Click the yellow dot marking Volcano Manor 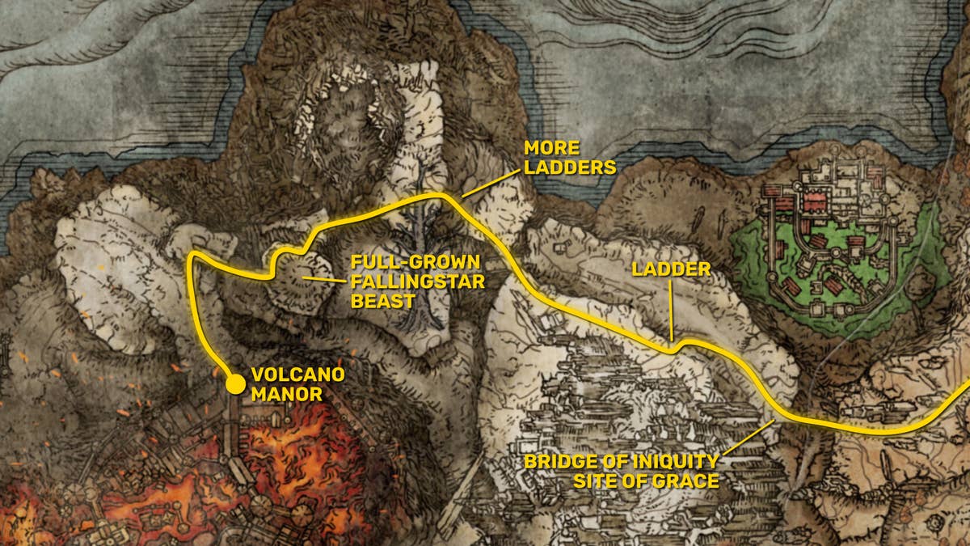pyautogui.click(x=235, y=383)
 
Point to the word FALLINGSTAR pyautogui.click(x=416, y=282)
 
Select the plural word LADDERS pyautogui.click(x=570, y=167)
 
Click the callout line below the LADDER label pyautogui.click(x=670, y=311)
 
